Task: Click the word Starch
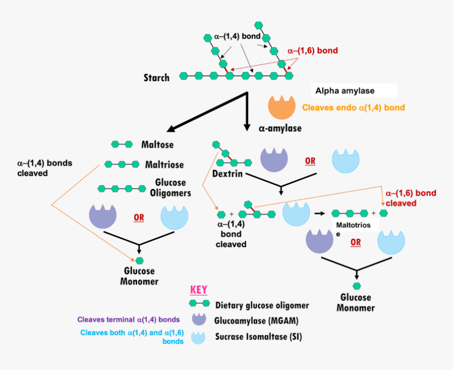[156, 78]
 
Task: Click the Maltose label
[157, 144]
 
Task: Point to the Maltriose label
[164, 164]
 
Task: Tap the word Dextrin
[228, 173]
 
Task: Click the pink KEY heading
[199, 290]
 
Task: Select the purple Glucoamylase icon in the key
[199, 319]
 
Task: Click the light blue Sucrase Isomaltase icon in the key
[199, 336]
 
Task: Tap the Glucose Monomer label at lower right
[356, 303]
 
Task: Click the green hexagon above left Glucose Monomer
[140, 260]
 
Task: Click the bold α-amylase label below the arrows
[280, 128]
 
